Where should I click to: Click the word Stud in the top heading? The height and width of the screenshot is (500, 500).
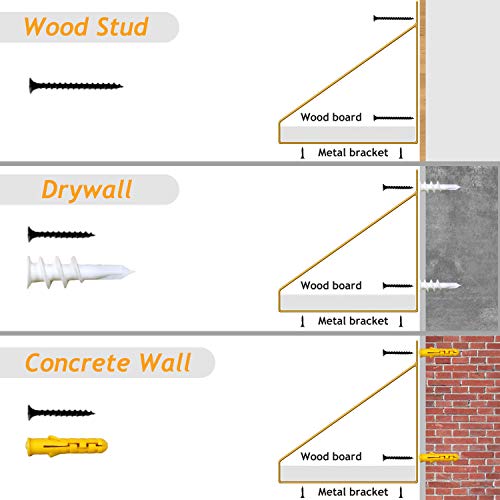pos(122,27)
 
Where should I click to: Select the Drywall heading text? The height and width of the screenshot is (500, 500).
pos(87,190)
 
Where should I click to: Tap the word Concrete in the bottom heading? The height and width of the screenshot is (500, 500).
pos(77,363)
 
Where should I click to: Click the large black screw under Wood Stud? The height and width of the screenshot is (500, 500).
pos(76,86)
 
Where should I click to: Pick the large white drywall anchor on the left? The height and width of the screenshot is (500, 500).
pos(81,272)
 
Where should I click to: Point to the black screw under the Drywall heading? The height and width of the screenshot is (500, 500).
pos(61,234)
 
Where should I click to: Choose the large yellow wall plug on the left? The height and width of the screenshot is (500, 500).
pos(67,446)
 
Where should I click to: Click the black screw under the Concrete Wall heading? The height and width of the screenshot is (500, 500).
pos(61,412)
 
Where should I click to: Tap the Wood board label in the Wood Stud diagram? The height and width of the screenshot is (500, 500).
pos(331,117)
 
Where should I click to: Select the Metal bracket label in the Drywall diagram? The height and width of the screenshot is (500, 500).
pos(353,321)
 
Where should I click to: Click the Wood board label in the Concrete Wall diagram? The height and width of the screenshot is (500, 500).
pos(331,456)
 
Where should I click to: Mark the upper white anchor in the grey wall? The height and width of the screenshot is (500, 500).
pos(440,187)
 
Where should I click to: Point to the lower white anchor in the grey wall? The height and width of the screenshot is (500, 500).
pos(440,285)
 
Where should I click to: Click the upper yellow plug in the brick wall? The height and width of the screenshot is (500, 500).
pos(439,352)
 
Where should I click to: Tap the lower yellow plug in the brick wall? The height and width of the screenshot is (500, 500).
pos(439,457)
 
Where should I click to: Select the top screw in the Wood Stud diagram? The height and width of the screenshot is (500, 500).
pos(393,18)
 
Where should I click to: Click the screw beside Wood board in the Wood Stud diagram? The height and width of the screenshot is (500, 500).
pos(393,118)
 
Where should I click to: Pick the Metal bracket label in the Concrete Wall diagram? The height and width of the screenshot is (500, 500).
pos(353,492)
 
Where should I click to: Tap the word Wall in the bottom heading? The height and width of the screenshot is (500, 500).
pos(165,362)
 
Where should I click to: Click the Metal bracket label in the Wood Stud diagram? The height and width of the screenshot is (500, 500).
pos(353,152)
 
